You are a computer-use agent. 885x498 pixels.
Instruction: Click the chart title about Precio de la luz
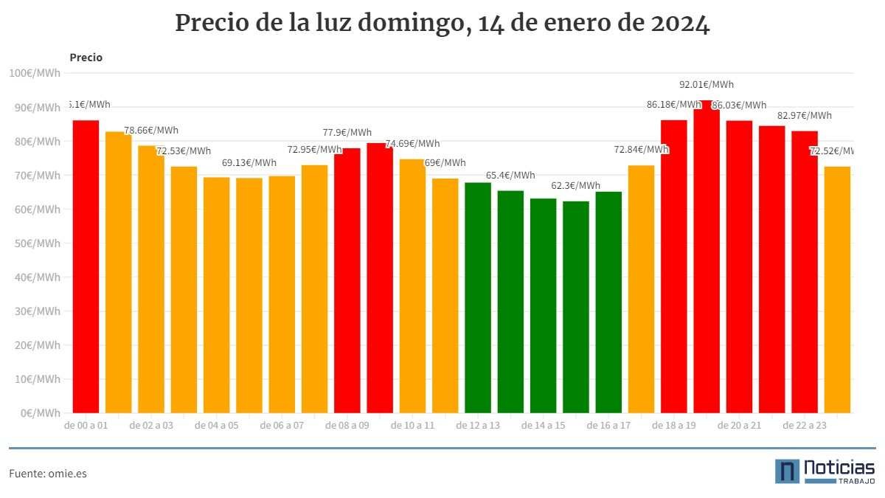pyautogui.click(x=442, y=24)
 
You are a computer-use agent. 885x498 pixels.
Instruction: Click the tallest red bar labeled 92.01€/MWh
pyautogui.click(x=706, y=258)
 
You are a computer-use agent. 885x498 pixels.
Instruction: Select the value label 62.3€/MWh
pyautogui.click(x=576, y=185)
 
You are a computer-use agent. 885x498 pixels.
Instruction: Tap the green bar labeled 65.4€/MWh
pyautogui.click(x=510, y=302)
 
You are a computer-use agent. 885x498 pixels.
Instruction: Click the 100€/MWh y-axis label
pyautogui.click(x=34, y=73)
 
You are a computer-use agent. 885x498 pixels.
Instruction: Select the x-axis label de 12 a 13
pyautogui.click(x=478, y=426)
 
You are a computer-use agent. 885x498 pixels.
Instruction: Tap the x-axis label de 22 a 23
pyautogui.click(x=805, y=426)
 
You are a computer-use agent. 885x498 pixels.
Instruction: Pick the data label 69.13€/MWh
pyautogui.click(x=249, y=163)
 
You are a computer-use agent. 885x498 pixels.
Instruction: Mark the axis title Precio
pyautogui.click(x=86, y=58)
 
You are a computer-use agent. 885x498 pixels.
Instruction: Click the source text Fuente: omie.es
pyautogui.click(x=47, y=474)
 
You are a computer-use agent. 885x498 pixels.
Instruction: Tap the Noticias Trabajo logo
pyautogui.click(x=825, y=471)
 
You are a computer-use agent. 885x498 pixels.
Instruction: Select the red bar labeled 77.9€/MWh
pyautogui.click(x=347, y=280)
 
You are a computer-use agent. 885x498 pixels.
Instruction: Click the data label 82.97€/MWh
pyautogui.click(x=804, y=116)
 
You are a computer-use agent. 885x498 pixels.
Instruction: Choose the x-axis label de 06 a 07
pyautogui.click(x=282, y=426)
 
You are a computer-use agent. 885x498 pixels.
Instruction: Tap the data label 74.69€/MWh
pyautogui.click(x=412, y=144)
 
